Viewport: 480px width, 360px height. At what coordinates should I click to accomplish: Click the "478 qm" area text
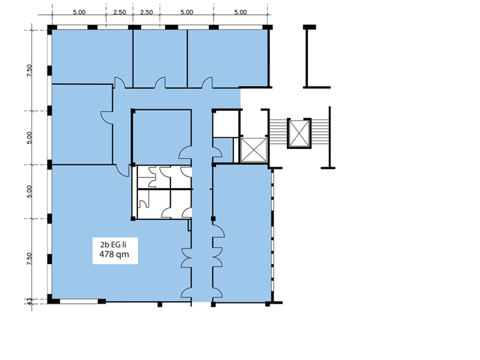[114, 254]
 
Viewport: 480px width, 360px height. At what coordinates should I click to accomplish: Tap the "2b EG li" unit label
[113, 245]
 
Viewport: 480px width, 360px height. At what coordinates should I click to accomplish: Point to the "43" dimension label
[29, 302]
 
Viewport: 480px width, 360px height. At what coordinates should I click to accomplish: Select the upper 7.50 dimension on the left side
[29, 70]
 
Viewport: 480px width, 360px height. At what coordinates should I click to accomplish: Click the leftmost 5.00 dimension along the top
[79, 12]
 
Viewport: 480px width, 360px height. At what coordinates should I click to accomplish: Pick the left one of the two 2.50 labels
[119, 12]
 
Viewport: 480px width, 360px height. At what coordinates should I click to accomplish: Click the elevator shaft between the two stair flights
[299, 133]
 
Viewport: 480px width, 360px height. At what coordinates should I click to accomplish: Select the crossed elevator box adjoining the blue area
[254, 149]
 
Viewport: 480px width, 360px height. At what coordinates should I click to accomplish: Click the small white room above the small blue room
[226, 124]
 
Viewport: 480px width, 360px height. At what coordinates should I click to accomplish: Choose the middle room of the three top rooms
[160, 58]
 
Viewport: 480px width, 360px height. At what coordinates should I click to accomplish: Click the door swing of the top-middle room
[160, 82]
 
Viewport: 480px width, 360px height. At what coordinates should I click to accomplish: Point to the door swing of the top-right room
[207, 82]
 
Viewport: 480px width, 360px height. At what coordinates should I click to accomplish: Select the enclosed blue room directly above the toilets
[162, 137]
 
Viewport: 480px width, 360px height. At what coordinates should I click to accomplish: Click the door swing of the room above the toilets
[185, 152]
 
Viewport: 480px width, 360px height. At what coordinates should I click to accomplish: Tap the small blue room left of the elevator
[223, 151]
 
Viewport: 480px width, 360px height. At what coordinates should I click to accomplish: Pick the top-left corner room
[92, 56]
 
